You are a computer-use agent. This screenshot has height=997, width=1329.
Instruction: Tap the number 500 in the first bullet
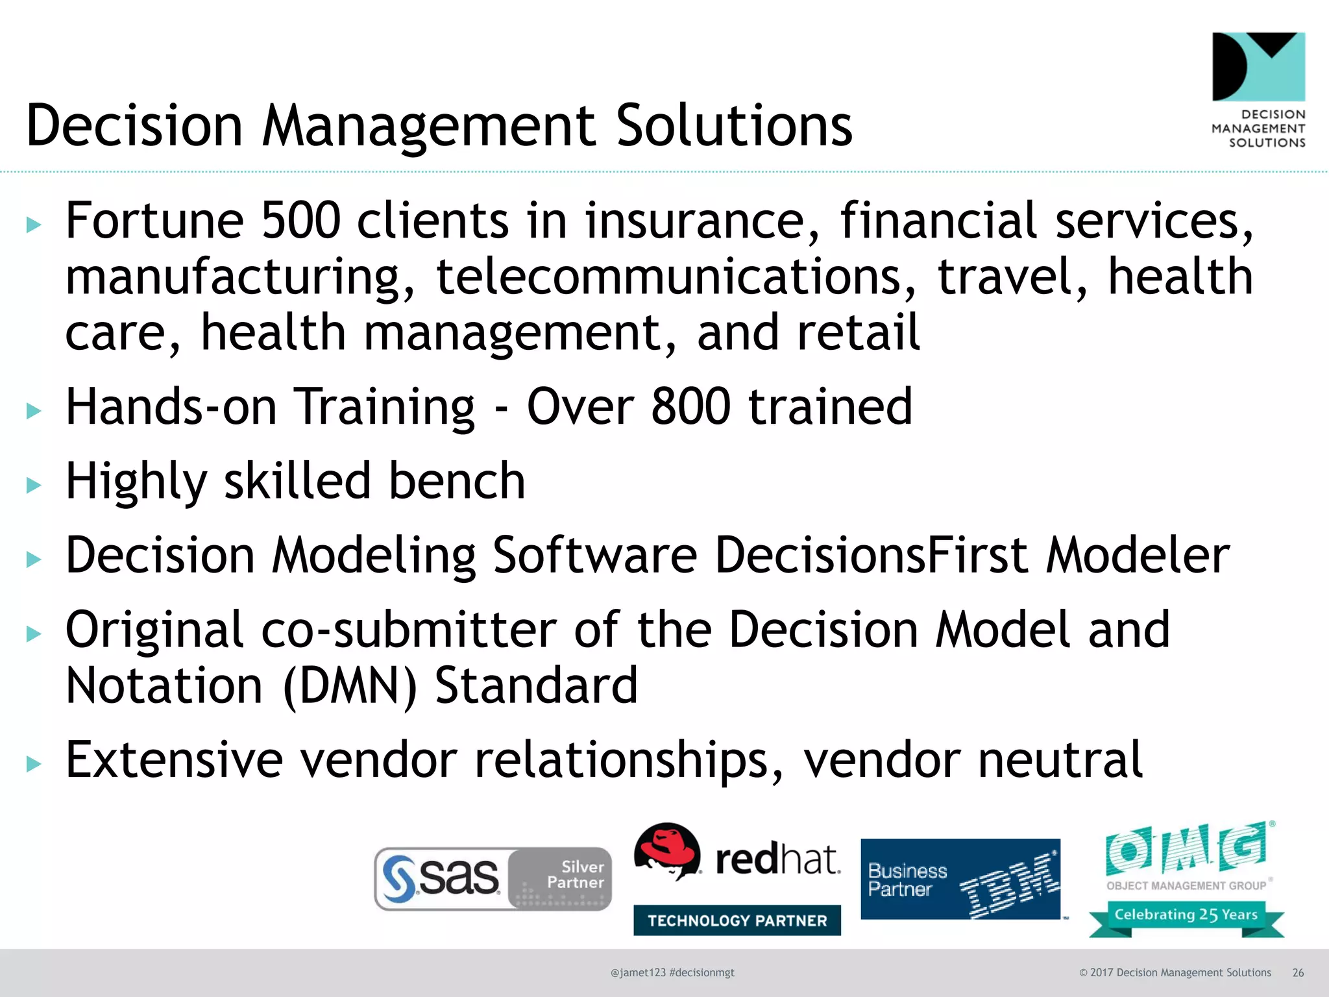pos(300,221)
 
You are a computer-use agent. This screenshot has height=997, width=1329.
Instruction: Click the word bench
pos(457,481)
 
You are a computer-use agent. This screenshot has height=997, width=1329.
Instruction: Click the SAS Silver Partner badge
pos(493,879)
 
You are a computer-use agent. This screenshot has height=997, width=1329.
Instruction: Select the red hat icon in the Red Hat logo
pos(667,850)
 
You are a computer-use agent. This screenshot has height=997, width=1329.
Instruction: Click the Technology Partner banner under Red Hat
pos(737,920)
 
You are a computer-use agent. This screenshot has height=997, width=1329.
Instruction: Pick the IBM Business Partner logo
pos(960,880)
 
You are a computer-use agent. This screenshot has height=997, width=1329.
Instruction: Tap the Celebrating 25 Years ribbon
pos(1186,915)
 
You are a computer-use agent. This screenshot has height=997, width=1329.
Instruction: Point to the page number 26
pos(1298,973)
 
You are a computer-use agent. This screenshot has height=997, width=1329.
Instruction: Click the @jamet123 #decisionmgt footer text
pos(672,973)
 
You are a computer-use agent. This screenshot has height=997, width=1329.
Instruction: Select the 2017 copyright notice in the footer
pos(1175,973)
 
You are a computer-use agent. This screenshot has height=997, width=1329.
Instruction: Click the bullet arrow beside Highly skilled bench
pos(34,485)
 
